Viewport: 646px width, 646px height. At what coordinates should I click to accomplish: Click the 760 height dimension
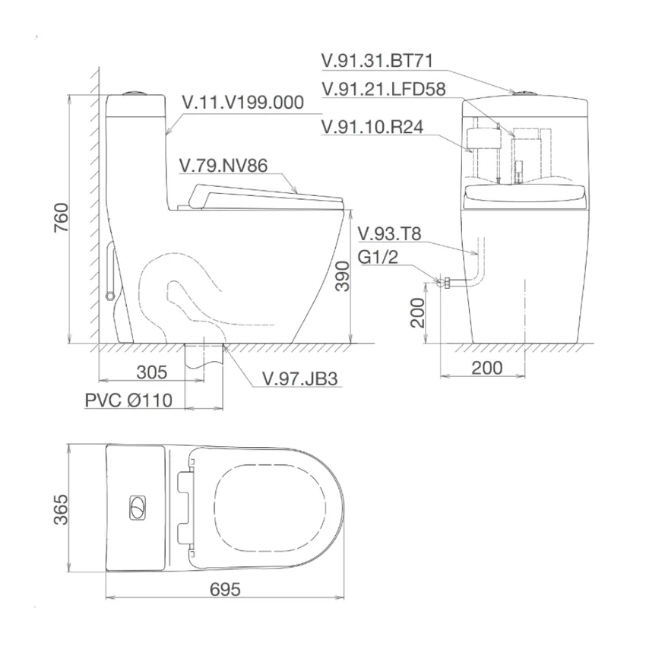point(62,217)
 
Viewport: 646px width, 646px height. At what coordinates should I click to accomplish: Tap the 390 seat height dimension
point(342,277)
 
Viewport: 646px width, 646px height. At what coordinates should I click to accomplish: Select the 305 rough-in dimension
point(151,372)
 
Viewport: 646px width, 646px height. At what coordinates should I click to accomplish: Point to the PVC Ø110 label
point(128,400)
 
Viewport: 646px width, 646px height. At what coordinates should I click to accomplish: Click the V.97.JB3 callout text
point(300,378)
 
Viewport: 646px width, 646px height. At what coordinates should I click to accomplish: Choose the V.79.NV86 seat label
point(223,166)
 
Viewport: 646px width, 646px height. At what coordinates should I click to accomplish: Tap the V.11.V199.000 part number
point(243,103)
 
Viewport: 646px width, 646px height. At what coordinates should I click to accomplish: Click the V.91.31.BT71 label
point(378,61)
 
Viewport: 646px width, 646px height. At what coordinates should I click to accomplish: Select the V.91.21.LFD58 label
point(384,89)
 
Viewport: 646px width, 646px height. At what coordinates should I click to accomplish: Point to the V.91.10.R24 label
point(372,127)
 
